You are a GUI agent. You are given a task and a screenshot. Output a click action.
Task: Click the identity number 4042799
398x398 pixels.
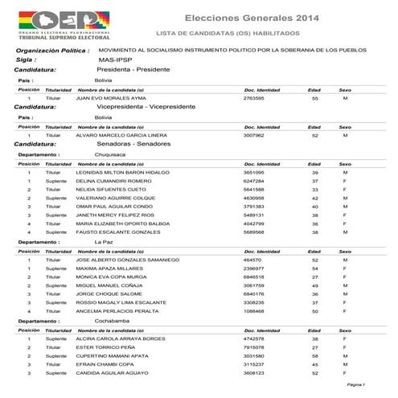coord(255,224)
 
